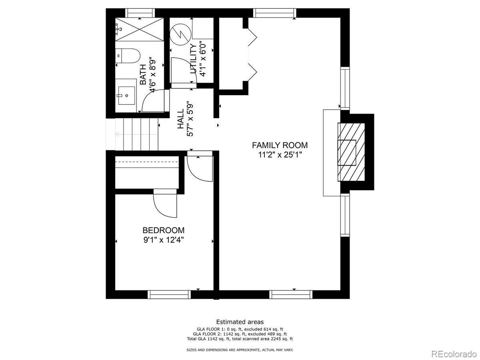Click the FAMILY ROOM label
click(280, 145)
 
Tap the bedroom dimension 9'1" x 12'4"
click(163, 240)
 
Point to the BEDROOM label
click(163, 230)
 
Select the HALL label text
click(181, 119)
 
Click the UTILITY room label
click(194, 59)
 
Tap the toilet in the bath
click(128, 56)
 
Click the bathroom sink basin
click(126, 96)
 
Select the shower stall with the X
click(139, 29)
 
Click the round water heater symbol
click(180, 34)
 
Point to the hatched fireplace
click(351, 152)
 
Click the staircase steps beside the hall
click(137, 134)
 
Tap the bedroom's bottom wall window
click(169, 294)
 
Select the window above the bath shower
click(140, 13)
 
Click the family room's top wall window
click(275, 13)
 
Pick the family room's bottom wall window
click(291, 294)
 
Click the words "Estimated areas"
click(240, 322)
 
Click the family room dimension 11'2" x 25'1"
click(280, 155)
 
